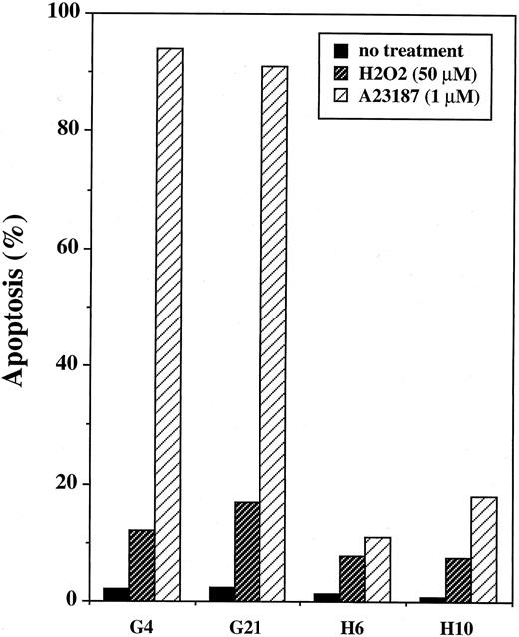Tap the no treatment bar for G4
116,594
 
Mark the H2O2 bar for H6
352,578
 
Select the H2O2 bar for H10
457,579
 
